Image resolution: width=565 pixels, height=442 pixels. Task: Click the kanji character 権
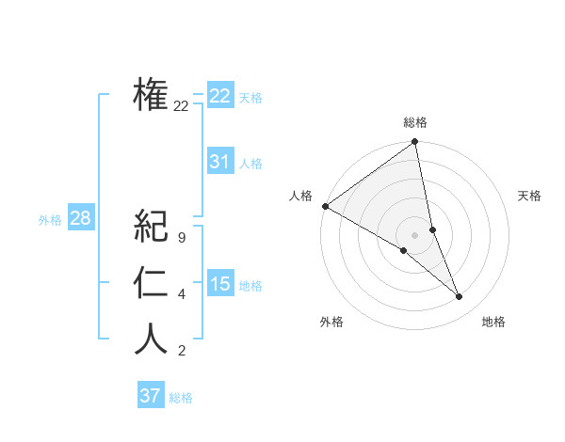click(x=151, y=94)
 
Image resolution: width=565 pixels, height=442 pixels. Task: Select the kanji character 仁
click(x=151, y=283)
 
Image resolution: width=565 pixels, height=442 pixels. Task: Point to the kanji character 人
click(x=151, y=339)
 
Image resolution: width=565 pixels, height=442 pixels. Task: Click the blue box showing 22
click(x=219, y=96)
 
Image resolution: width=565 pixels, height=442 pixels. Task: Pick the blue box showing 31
click(x=219, y=162)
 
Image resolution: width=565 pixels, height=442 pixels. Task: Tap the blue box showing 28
click(x=80, y=219)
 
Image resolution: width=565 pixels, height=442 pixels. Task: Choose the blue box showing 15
click(x=219, y=284)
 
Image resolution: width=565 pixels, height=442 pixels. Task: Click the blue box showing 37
click(x=150, y=396)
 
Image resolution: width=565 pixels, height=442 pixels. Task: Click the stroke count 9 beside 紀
click(x=181, y=238)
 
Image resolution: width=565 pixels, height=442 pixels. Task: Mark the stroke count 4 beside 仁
click(x=181, y=295)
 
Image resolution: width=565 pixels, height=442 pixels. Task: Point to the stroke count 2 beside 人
click(x=181, y=352)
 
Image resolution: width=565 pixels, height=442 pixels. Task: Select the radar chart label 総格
click(x=415, y=122)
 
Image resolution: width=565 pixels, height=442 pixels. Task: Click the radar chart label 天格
click(x=530, y=196)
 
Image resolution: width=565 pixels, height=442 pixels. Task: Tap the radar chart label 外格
click(x=331, y=322)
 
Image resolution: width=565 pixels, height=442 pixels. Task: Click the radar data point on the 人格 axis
click(x=325, y=205)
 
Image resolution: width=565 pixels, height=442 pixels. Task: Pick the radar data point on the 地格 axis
click(x=460, y=296)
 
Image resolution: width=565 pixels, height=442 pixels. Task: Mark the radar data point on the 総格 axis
click(x=415, y=143)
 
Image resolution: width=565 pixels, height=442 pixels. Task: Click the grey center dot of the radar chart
click(x=414, y=234)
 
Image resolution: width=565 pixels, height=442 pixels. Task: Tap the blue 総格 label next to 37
click(x=181, y=398)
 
